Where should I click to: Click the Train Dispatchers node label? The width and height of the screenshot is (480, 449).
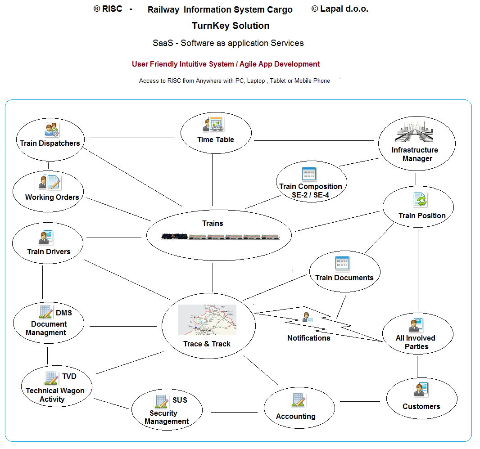50,144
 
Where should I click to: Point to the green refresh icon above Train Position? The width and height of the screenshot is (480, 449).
420,200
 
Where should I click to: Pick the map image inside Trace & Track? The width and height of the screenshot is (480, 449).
207,320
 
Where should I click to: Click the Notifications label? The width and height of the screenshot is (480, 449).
309,338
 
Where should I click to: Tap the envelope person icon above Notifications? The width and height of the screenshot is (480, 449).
307,317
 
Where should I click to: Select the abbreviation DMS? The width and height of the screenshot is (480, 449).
64,313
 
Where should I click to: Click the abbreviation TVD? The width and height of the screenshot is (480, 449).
69,376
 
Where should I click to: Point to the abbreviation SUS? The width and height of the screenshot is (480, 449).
180,400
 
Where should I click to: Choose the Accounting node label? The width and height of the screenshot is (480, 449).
296,416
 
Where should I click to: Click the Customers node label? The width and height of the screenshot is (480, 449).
421,406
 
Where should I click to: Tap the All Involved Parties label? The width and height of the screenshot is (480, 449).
416,342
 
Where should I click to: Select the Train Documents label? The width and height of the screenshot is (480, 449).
344,278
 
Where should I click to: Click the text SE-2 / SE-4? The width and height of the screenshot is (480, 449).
311,195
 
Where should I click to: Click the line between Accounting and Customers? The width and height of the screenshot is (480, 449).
362,401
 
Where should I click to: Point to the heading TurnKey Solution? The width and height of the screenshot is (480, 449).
231,26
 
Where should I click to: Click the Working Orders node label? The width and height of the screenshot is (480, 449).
52,197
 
